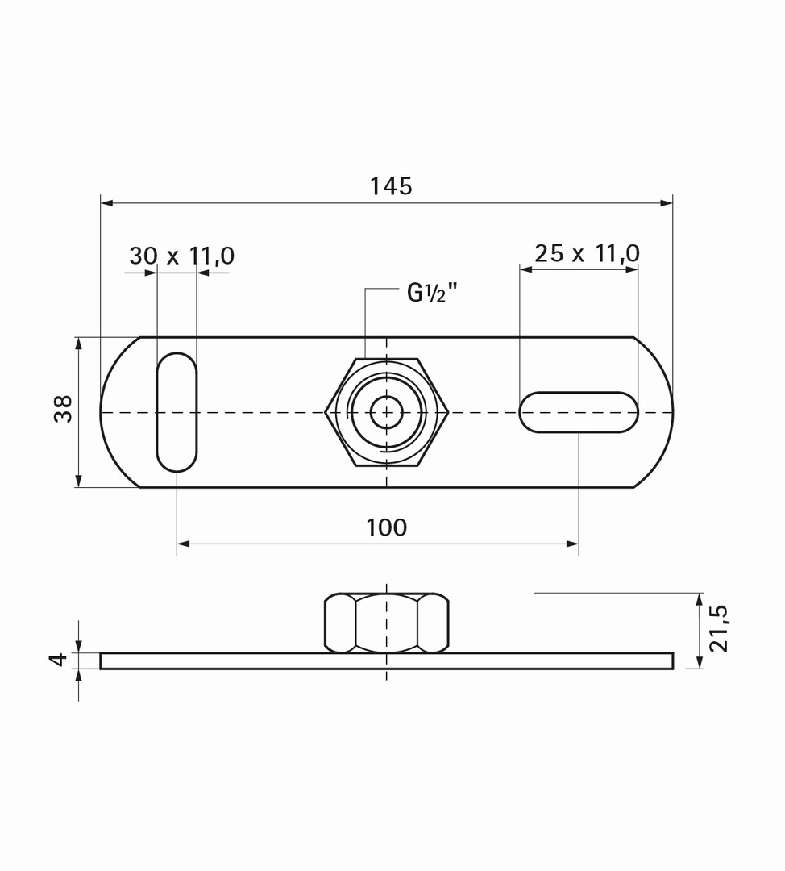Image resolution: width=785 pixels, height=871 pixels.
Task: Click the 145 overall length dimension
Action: click(x=392, y=186)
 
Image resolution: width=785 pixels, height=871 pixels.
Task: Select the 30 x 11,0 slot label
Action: click(x=182, y=256)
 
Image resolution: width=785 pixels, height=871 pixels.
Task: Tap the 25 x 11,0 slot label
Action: click(x=588, y=253)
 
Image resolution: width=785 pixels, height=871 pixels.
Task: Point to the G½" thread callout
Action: click(x=433, y=293)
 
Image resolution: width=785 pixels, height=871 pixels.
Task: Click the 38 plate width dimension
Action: click(x=64, y=409)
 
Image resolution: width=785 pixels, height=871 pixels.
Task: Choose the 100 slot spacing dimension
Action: click(x=386, y=527)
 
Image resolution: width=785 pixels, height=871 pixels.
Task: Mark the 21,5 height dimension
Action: click(x=718, y=627)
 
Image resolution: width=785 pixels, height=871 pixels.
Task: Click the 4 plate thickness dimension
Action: click(x=58, y=660)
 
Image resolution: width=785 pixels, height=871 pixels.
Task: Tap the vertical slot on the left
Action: click(x=177, y=412)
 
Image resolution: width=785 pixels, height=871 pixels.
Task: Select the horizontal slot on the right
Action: click(x=579, y=412)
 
